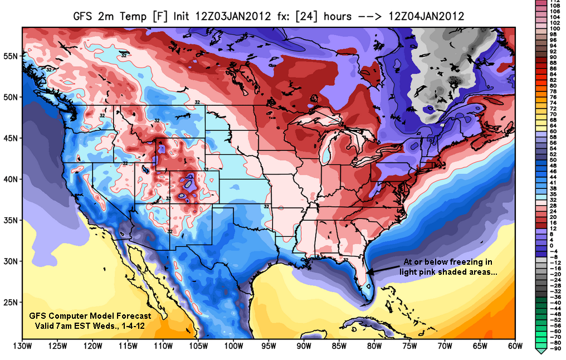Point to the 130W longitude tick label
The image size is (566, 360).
[22, 346]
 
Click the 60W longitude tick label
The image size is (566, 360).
[515, 346]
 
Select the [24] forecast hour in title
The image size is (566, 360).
[309, 16]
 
